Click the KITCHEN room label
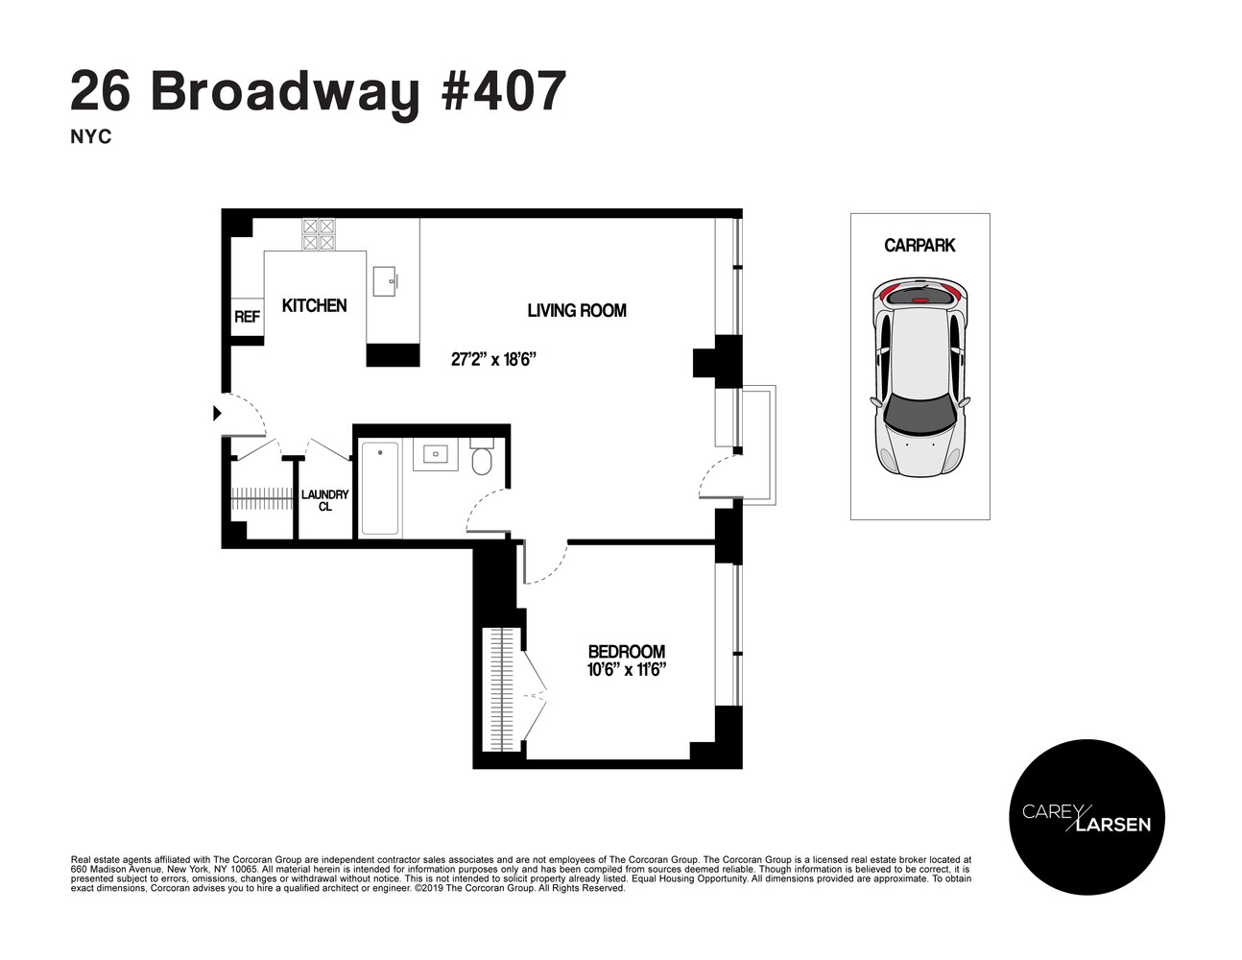click(314, 305)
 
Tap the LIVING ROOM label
click(577, 310)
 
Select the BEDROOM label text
click(626, 652)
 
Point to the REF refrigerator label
click(247, 316)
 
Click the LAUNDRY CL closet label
click(325, 500)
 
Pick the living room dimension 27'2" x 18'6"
click(492, 360)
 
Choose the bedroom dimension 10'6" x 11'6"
click(626, 669)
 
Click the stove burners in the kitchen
click(319, 234)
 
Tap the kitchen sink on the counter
click(387, 279)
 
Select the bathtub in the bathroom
click(380, 489)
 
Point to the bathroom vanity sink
click(437, 453)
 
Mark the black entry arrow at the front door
click(217, 413)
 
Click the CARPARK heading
click(920, 246)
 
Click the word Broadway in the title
click(285, 93)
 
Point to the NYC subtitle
click(91, 137)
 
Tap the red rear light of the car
click(920, 300)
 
